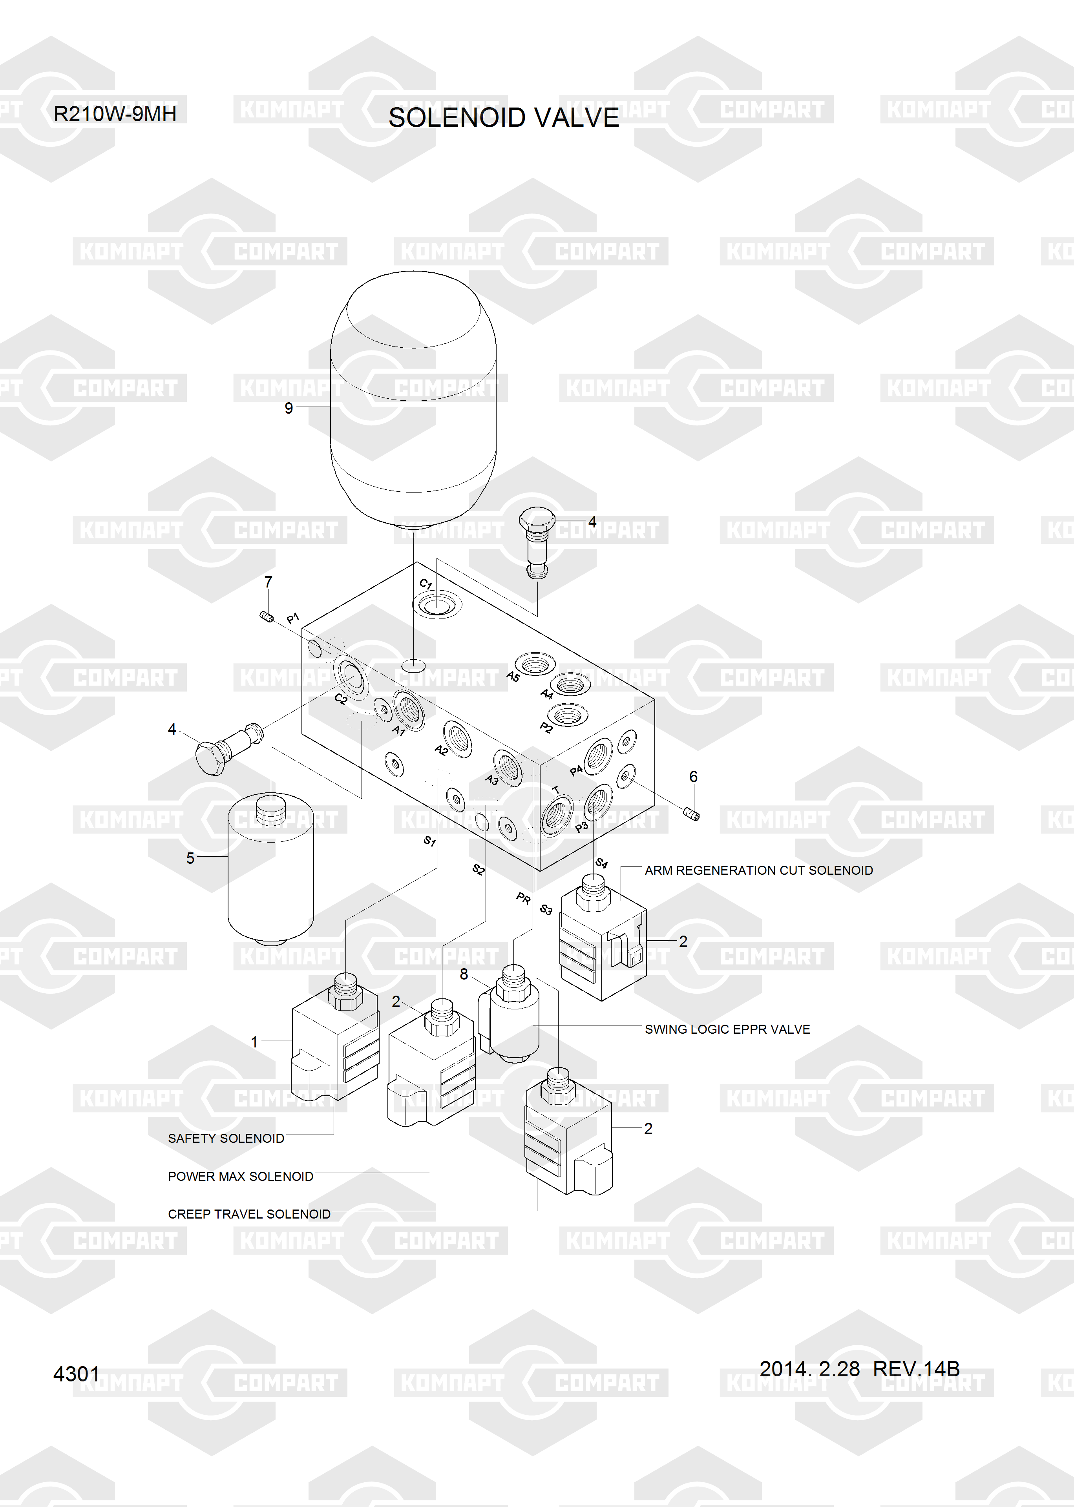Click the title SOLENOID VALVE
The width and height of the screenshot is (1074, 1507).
503,118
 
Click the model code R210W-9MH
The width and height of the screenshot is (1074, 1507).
115,114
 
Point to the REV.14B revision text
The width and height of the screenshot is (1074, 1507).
916,1369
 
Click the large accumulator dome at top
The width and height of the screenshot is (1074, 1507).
413,397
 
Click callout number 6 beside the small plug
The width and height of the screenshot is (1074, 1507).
693,777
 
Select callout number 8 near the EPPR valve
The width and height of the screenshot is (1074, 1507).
464,974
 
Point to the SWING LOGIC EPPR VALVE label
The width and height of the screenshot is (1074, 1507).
727,1029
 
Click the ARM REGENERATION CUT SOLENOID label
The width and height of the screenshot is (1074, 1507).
758,870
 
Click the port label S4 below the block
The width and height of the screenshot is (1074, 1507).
601,863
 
